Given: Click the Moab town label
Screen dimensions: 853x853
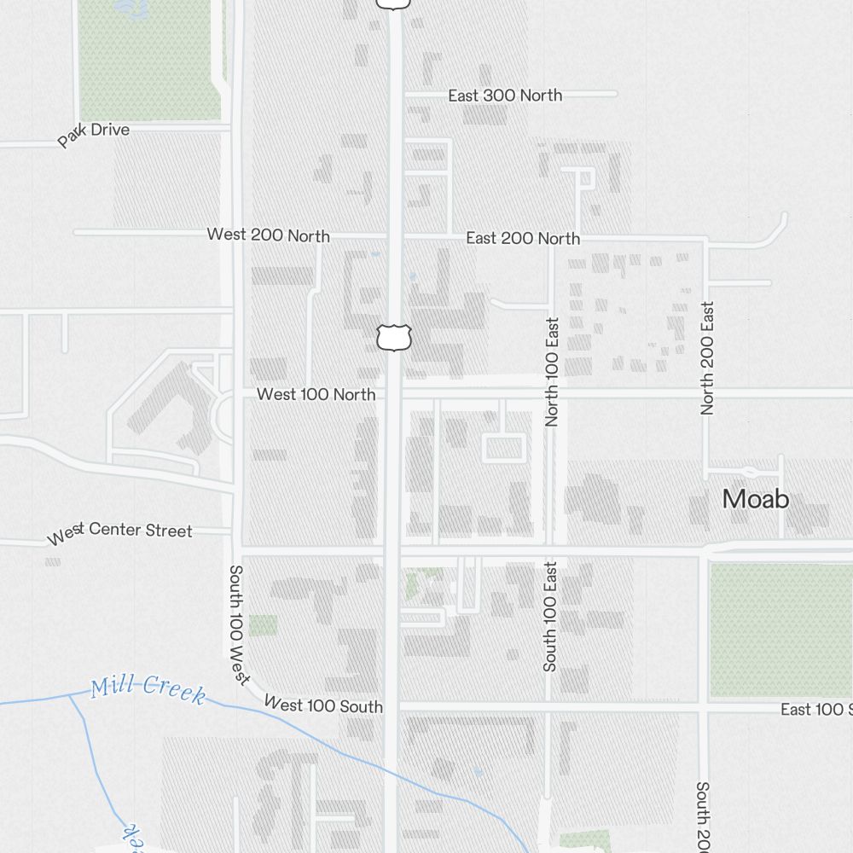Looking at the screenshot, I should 756,499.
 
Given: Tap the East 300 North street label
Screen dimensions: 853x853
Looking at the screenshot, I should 505,96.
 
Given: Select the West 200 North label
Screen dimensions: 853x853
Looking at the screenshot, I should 268,235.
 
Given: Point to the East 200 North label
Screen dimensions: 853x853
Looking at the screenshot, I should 523,239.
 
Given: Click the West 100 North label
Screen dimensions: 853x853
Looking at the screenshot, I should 316,394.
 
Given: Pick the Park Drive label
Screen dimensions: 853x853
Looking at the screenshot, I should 94,135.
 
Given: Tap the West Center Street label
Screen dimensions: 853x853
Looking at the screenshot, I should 119,532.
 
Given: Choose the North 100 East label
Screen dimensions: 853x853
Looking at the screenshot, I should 552,372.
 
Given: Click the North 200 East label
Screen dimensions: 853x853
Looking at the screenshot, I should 707,358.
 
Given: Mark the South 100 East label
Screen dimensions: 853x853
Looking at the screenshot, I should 550,616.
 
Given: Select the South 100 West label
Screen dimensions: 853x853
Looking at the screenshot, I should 237,624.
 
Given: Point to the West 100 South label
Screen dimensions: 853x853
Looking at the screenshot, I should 323,705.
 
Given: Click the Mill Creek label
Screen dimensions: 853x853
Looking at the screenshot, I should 148,688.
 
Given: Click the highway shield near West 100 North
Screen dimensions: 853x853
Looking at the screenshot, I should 394,337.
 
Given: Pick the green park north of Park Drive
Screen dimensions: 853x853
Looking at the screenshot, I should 149,60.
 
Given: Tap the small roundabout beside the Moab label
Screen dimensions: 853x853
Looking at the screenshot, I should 750,472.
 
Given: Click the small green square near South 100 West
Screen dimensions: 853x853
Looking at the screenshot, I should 263,625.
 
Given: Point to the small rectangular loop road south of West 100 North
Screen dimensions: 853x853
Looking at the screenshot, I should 504,448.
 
